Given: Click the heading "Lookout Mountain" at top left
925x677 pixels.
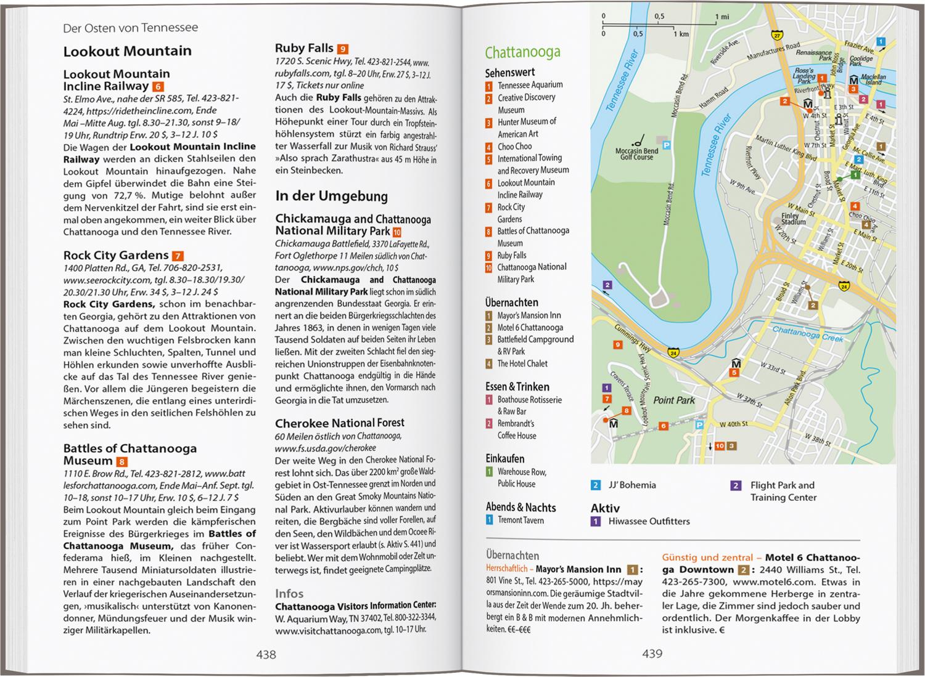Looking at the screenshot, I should coord(127,51).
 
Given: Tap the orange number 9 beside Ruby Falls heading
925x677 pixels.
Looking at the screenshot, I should coord(343,49).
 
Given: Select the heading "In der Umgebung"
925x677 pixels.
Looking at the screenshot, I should coord(331,197).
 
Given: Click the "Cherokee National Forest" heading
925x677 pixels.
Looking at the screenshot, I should coord(339,423).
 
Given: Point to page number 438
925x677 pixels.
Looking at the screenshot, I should coord(266,654).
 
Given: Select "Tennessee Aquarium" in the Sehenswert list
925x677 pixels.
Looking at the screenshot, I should coord(530,85).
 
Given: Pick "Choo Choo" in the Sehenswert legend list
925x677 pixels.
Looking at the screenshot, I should coord(514,146).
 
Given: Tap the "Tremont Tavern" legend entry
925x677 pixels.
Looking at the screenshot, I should coord(520,520).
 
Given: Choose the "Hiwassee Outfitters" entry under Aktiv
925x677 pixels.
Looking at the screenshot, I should coord(649,521).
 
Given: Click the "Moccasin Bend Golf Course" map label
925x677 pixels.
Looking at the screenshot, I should coord(636,153).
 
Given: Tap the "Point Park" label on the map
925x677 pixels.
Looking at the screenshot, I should coord(674,400).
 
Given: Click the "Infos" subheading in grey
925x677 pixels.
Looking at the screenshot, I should coord(289,593).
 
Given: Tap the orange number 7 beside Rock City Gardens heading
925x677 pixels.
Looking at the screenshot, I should coord(178,256).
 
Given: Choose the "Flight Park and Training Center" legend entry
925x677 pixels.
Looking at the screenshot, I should coord(783,491).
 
